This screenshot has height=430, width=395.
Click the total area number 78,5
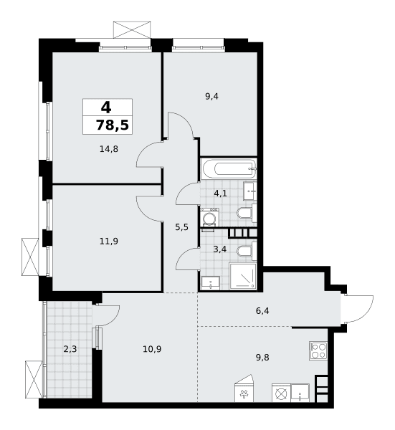tap(112, 125)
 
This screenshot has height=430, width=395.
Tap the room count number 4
tap(106, 107)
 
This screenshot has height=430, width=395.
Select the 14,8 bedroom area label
tap(109, 149)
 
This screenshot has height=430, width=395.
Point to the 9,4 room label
tap(211, 97)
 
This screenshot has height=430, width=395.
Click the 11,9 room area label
tap(109, 242)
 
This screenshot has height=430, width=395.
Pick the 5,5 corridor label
tap(181, 227)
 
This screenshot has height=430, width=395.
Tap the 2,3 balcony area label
tap(70, 350)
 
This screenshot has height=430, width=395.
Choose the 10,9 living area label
tap(152, 350)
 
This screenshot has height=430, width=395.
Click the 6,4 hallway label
tap(262, 311)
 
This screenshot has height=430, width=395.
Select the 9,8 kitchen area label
tap(262, 358)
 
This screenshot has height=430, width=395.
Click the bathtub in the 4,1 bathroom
tap(228, 168)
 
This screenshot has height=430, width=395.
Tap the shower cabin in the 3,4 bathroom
tap(243, 276)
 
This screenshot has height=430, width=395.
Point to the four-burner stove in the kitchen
tap(318, 350)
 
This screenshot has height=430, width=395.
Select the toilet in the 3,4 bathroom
tap(246, 251)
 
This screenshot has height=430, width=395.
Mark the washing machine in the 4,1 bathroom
tap(209, 217)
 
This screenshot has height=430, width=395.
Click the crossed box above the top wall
tap(132, 29)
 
